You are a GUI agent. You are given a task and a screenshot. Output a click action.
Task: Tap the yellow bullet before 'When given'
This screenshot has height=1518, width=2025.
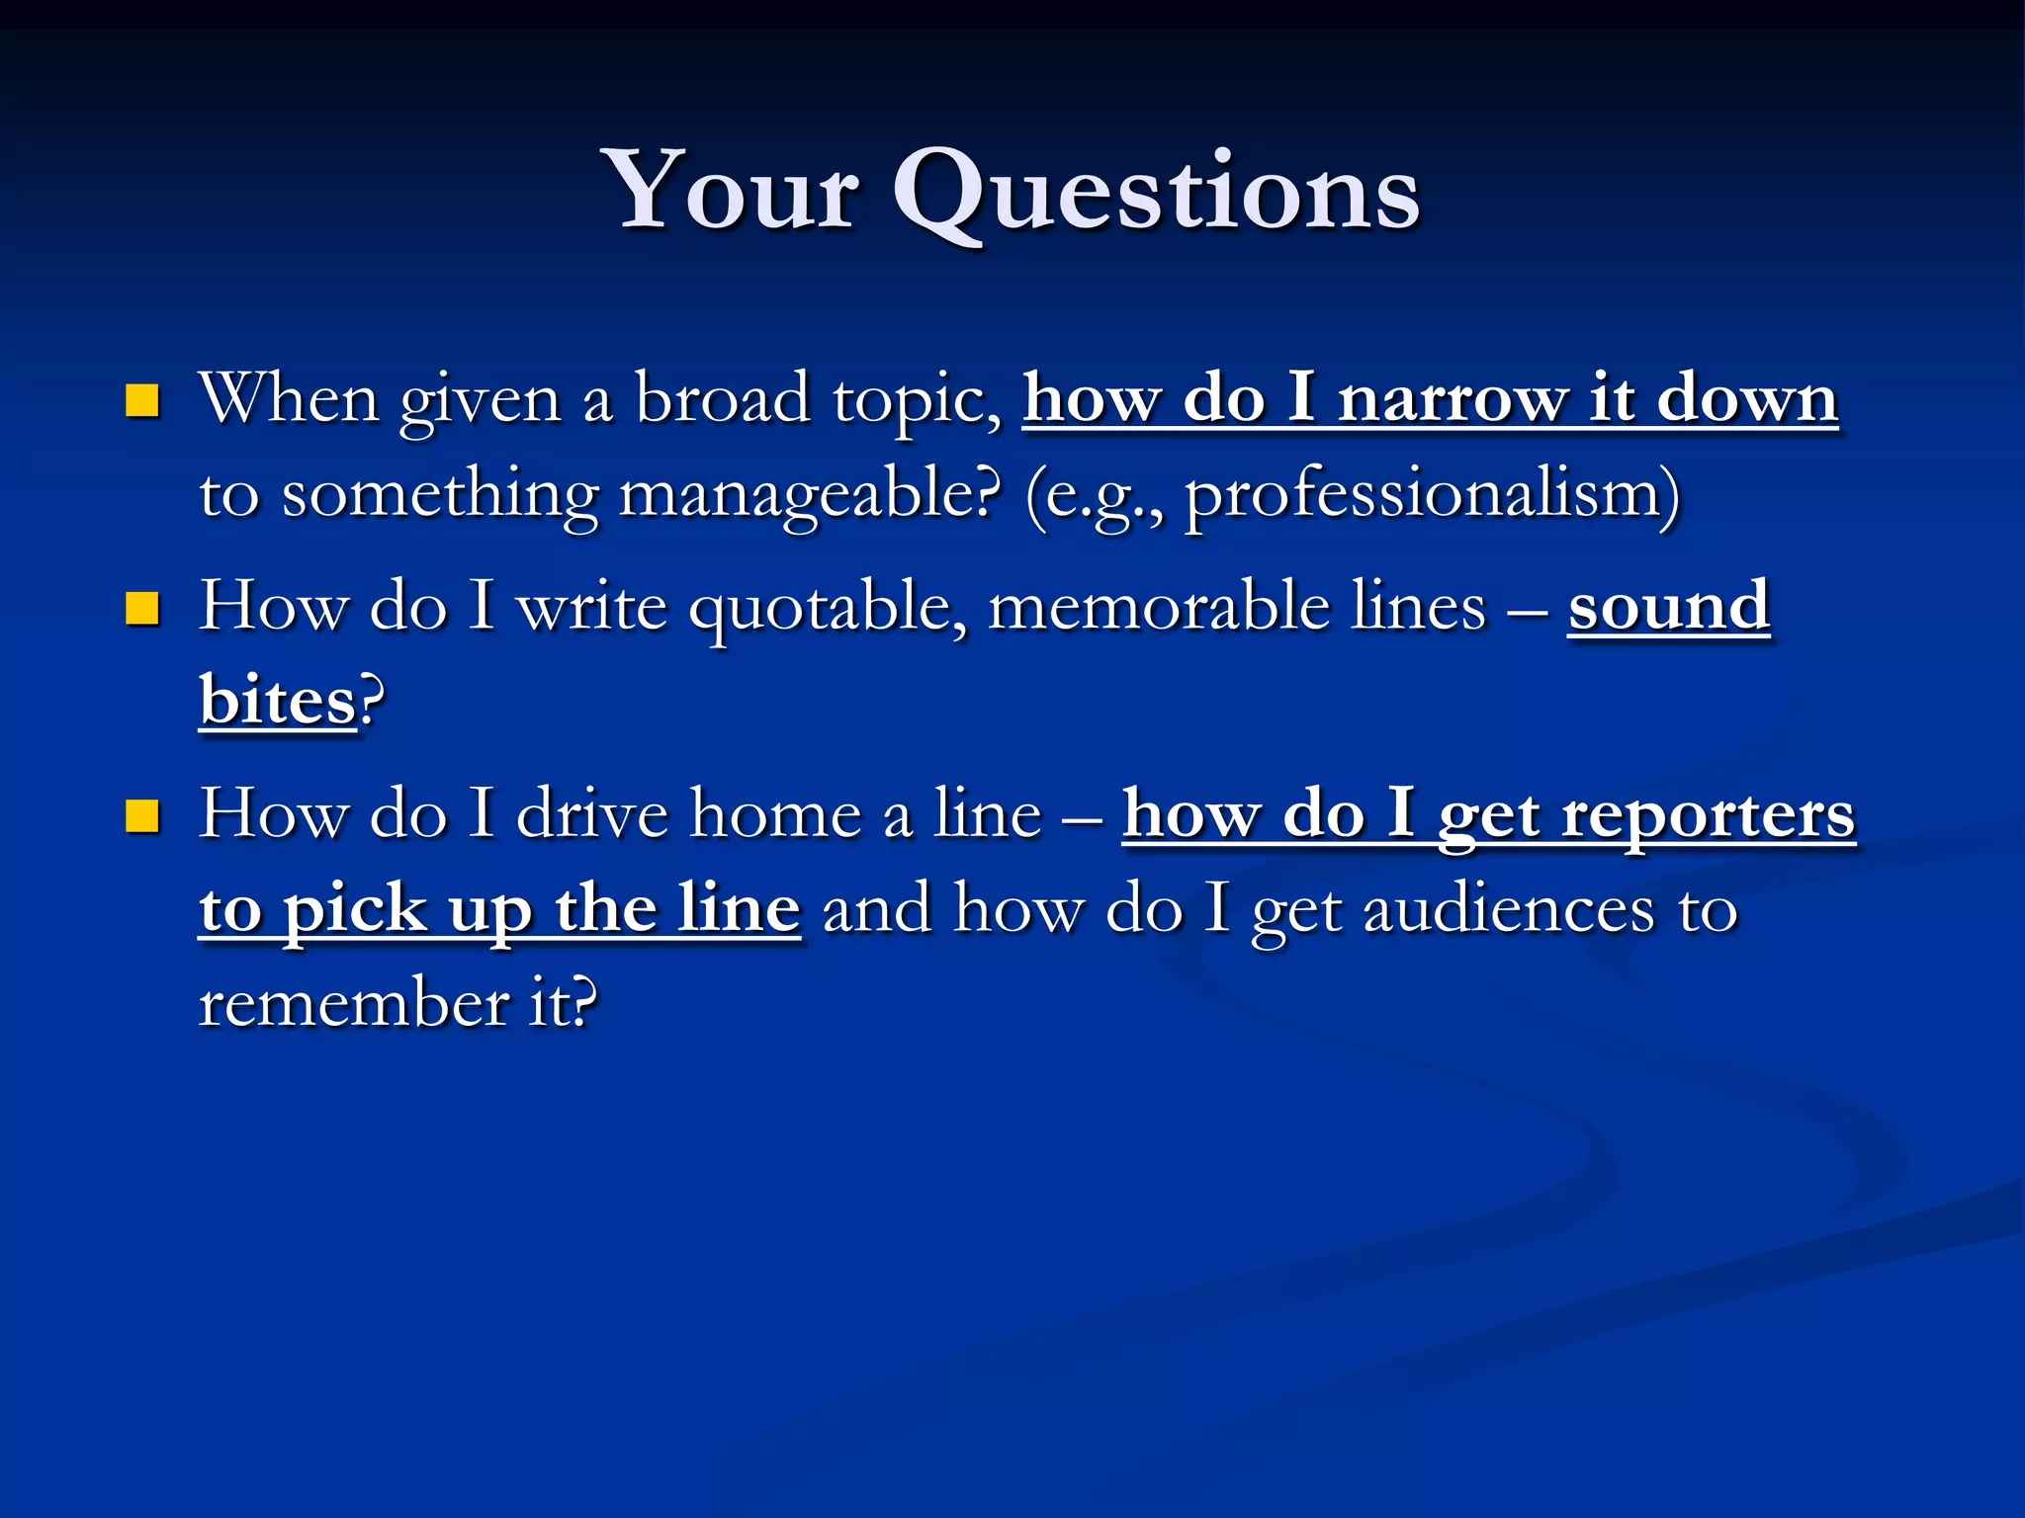coord(143,401)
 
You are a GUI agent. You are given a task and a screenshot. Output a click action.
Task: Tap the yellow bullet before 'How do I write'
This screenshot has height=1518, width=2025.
coord(143,609)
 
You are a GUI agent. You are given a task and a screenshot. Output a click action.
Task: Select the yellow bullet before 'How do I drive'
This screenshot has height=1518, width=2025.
coord(143,816)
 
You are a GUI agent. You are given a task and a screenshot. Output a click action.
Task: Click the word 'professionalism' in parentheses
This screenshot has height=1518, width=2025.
coord(1424,493)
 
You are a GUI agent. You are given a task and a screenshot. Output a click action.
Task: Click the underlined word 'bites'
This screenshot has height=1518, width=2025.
coord(277,701)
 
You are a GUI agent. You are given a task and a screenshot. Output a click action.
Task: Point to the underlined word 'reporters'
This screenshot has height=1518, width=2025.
coord(1708,816)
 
